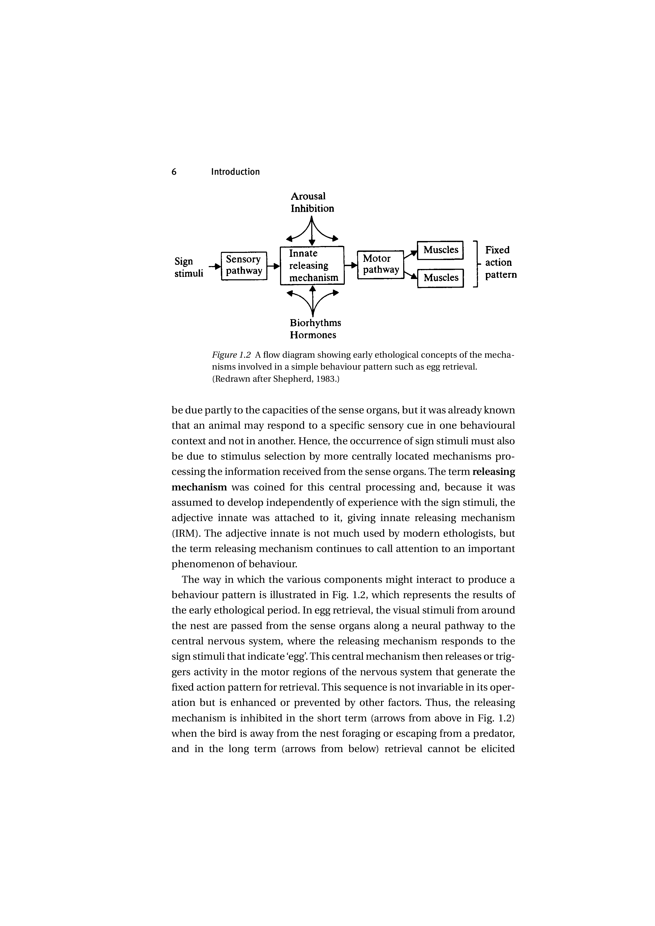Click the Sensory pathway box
click(x=244, y=265)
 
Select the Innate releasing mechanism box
click(x=312, y=265)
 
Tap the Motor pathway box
click(x=380, y=264)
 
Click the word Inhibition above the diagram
click(x=312, y=209)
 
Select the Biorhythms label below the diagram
click(x=315, y=323)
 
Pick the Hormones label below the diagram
click(x=313, y=335)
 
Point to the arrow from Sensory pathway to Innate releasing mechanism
click(x=274, y=266)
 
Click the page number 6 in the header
click(x=174, y=172)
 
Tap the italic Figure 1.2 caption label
click(x=231, y=355)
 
